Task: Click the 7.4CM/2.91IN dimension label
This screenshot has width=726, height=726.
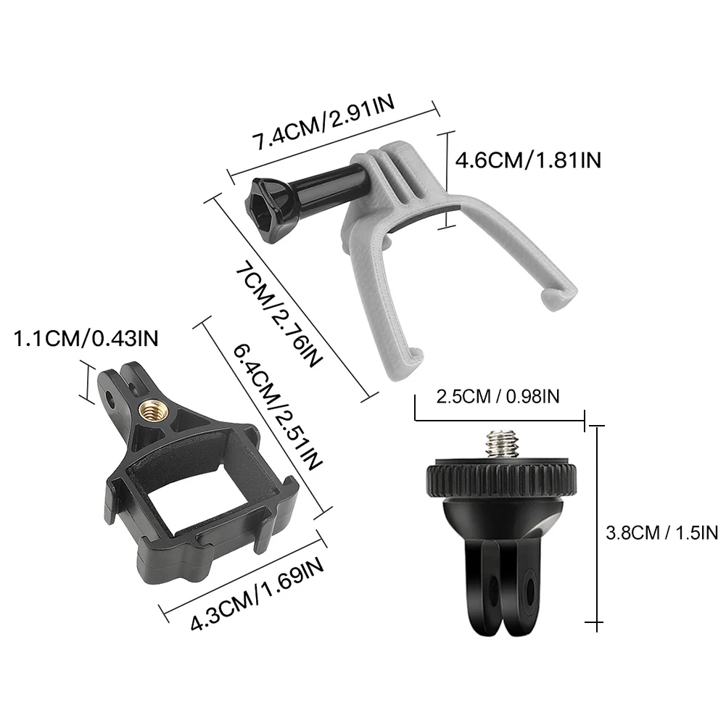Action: pos(323,122)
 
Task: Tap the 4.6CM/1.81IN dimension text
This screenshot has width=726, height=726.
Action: pos(528,161)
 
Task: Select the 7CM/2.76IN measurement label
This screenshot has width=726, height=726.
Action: pos(278,315)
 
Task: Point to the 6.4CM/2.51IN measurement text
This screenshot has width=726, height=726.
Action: pos(277,407)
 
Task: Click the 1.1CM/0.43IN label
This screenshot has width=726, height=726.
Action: pos(86,339)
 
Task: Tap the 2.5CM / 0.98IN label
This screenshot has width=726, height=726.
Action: pos(498,396)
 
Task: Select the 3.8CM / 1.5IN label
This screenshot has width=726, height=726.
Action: pos(661,533)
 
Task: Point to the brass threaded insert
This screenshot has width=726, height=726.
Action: pos(150,409)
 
